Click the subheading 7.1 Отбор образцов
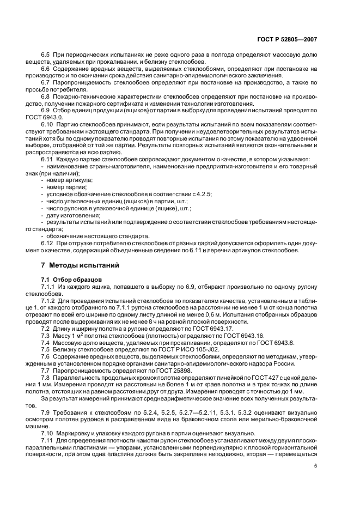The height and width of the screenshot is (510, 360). pyautogui.click(x=69, y=278)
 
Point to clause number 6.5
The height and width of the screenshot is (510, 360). pyautogui.click(x=45, y=55)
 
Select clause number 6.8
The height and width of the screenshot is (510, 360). pyautogui.click(x=45, y=96)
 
